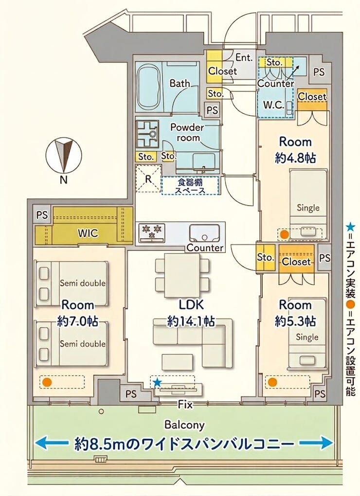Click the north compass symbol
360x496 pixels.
tap(64, 156)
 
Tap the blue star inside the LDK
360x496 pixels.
tap(157, 383)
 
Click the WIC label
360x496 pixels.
tap(88, 233)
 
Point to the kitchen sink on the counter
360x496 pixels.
tap(204, 233)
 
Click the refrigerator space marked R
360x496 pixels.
tap(148, 178)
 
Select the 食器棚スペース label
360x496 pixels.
tap(190, 186)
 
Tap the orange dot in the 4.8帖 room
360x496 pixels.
tap(285, 234)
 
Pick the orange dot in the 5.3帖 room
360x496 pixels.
tap(272, 382)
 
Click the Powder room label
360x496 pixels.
tap(187, 132)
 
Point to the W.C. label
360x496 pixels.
tap(274, 105)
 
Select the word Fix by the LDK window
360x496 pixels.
tap(185, 404)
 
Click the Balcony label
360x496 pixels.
tap(184, 425)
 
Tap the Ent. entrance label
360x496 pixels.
tap(244, 57)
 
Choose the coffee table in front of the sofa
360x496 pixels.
tap(177, 362)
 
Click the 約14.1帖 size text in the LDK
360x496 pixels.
tap(191, 321)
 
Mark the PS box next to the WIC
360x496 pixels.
tap(42, 215)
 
